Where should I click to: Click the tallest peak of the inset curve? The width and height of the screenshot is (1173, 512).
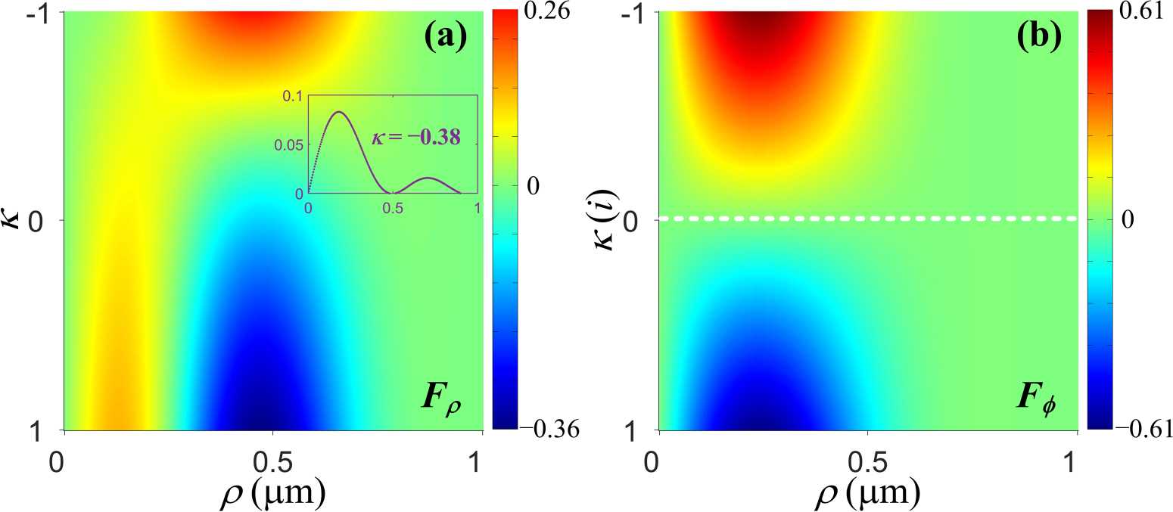click(339, 112)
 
